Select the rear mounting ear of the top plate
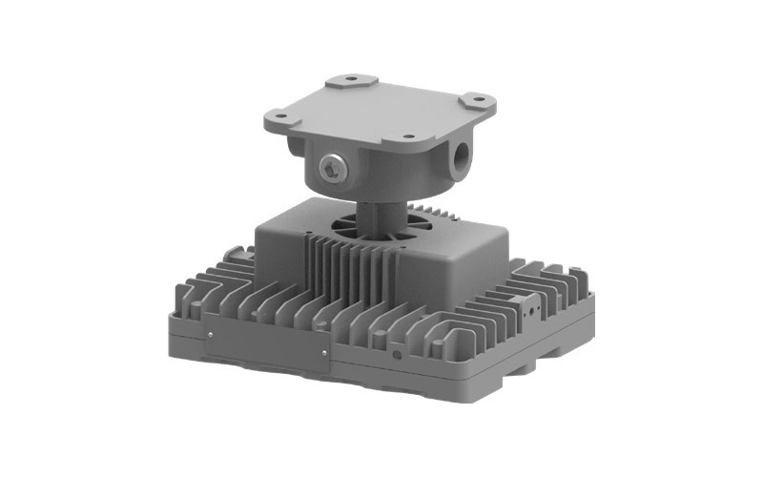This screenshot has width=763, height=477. click(x=348, y=81)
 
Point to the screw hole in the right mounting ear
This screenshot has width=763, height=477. click(x=474, y=99)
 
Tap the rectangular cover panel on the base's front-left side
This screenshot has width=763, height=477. click(x=267, y=345)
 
